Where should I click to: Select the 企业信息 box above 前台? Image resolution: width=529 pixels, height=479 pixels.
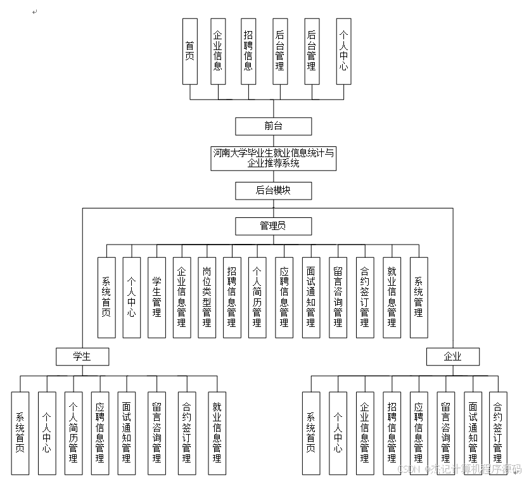point(218,51)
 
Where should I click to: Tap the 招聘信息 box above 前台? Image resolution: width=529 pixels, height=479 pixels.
point(248,51)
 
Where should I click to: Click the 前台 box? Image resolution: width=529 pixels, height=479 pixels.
point(273,126)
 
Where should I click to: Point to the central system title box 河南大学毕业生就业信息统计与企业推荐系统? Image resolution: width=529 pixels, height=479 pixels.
point(273,158)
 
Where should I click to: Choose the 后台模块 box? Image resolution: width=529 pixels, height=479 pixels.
point(273,190)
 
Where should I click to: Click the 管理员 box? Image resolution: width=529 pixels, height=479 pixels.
point(273,226)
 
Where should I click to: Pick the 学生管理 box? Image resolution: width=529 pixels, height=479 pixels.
point(156,297)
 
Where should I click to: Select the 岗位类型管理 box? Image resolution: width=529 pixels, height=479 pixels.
point(207,297)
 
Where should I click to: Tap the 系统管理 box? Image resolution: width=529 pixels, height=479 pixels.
point(419,297)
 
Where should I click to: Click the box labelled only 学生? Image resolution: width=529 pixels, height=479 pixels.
point(82,357)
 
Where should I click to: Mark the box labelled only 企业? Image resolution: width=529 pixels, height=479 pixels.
point(452,357)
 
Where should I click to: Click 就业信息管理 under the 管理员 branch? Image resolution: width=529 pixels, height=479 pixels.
point(392,297)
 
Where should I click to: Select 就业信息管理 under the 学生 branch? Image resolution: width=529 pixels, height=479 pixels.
point(217,433)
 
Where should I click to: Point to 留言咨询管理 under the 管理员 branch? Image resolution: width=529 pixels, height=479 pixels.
point(338,297)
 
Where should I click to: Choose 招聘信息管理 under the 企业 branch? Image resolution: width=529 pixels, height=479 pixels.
point(392,433)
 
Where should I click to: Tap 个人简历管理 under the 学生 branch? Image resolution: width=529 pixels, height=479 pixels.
point(73,433)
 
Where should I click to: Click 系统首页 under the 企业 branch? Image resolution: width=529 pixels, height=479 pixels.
point(310,433)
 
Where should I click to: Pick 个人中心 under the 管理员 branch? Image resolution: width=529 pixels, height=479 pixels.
point(132,297)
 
